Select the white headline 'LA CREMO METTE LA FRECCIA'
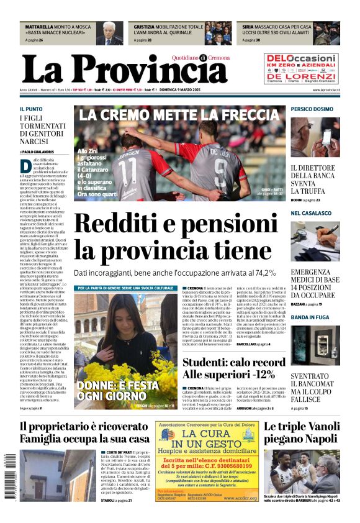pos(179,115)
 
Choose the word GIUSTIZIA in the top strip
pos(144,27)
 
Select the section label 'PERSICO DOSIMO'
pos(312,109)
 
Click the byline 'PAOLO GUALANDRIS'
pos(39,152)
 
